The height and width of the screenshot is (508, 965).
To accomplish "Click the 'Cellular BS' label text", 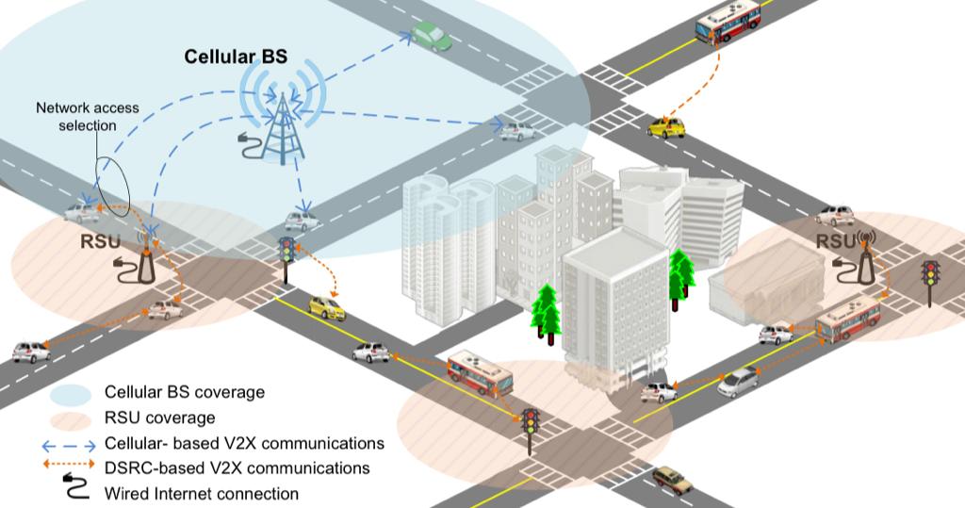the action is click(x=236, y=57).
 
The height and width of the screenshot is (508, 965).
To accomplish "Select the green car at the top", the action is click(x=431, y=36).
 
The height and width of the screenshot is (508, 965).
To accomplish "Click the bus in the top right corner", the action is click(x=728, y=22).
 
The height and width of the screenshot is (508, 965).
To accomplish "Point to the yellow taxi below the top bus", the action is click(x=666, y=127).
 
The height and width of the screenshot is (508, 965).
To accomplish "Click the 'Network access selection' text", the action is click(x=87, y=116).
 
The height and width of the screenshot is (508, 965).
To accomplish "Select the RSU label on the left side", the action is click(x=100, y=241).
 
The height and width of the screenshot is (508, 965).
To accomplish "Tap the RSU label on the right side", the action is click(x=835, y=242).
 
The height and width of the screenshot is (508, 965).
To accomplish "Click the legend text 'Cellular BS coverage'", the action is click(x=185, y=392).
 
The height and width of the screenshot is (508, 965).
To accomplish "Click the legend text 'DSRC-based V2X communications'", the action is click(x=237, y=467).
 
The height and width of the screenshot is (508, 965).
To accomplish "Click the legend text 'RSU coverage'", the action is click(x=160, y=418).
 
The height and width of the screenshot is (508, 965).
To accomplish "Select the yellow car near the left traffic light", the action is click(x=326, y=307).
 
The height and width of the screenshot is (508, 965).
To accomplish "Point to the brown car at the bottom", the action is click(x=672, y=479).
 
